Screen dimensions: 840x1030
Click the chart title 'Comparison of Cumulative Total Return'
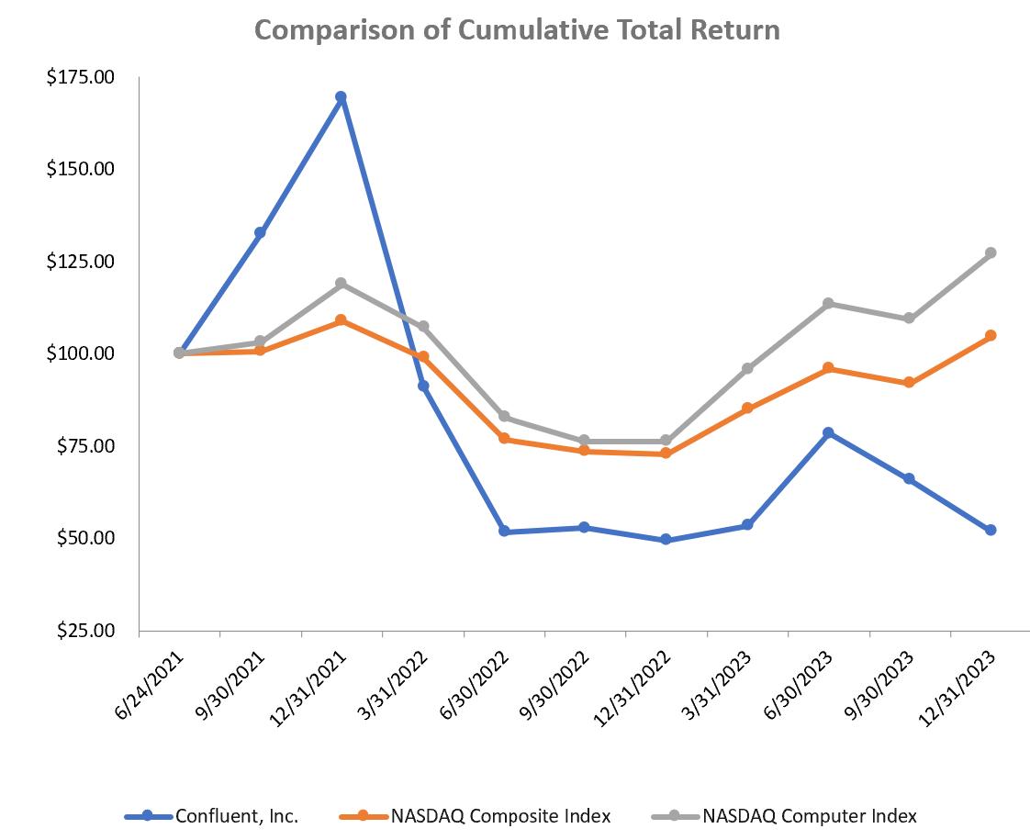517,30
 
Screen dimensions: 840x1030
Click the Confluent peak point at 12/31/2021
341,96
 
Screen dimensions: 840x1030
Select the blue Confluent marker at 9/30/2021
260,232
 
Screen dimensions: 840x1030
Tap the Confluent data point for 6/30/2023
828,432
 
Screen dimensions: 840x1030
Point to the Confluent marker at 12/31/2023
991,530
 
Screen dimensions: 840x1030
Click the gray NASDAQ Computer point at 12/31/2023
991,252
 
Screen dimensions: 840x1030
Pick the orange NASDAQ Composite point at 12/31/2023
991,336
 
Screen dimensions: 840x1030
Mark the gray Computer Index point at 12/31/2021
341,284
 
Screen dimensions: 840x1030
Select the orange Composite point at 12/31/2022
666,454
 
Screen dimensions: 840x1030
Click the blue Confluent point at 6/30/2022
504,532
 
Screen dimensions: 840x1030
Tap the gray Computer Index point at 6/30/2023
828,303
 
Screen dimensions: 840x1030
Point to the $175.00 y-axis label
80,77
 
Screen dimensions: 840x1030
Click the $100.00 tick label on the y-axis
80,353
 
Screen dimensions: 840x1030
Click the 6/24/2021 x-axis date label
151,680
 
